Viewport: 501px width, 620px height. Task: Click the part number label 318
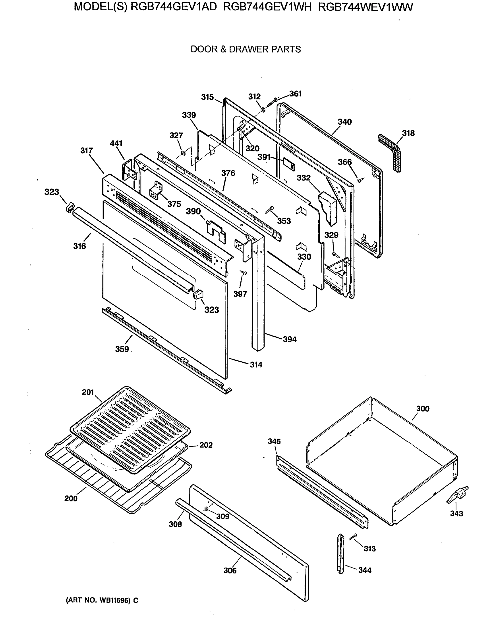[x=408, y=133]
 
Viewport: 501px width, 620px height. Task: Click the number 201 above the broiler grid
[x=88, y=392]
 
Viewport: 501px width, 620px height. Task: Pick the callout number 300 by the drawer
[x=423, y=408]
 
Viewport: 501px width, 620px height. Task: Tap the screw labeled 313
[x=353, y=537]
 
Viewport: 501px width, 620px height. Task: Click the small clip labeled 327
[x=183, y=152]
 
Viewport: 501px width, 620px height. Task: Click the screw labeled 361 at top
[x=272, y=103]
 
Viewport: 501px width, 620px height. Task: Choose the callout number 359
[x=122, y=349]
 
